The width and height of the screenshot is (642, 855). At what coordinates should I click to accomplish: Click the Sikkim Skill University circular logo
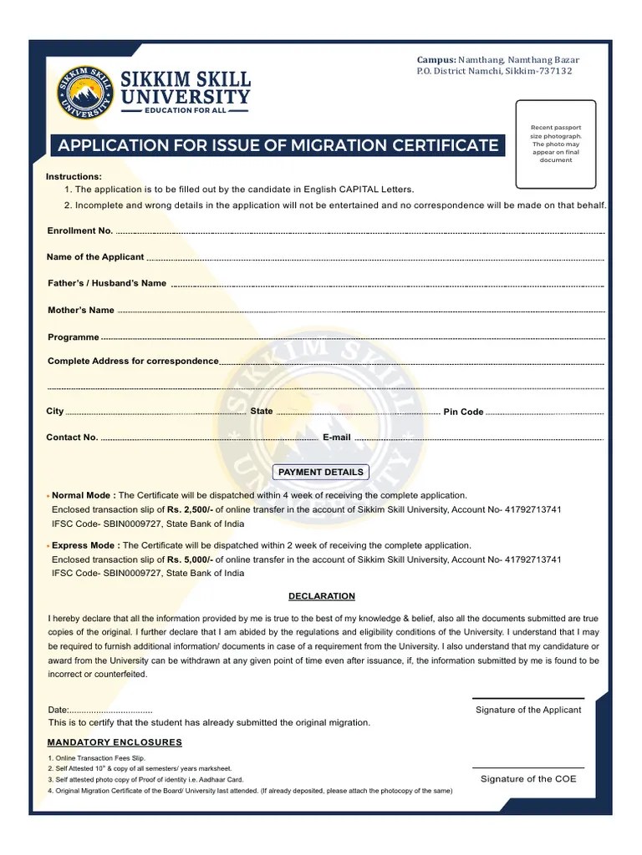click(84, 91)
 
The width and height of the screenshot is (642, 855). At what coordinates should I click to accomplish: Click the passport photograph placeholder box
click(556, 144)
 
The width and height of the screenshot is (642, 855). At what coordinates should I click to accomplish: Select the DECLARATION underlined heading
click(322, 596)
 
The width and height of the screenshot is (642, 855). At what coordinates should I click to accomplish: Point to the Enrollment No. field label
click(80, 230)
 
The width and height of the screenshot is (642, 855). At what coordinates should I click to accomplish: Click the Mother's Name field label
click(81, 310)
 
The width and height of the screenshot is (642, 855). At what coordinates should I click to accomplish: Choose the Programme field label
click(74, 337)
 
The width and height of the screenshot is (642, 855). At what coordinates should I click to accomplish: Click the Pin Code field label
click(463, 412)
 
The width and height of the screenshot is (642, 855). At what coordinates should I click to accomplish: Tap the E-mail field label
click(337, 438)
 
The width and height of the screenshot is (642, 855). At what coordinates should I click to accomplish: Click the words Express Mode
click(84, 545)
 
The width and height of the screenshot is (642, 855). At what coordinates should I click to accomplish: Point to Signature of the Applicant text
click(528, 710)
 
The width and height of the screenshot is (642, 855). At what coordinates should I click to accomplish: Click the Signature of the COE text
click(528, 779)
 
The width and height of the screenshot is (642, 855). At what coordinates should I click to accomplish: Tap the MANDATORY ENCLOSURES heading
click(115, 742)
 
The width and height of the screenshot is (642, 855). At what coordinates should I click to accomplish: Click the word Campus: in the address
click(436, 60)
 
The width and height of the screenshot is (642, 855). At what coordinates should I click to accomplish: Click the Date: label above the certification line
click(58, 710)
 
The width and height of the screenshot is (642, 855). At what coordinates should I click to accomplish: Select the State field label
click(261, 411)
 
